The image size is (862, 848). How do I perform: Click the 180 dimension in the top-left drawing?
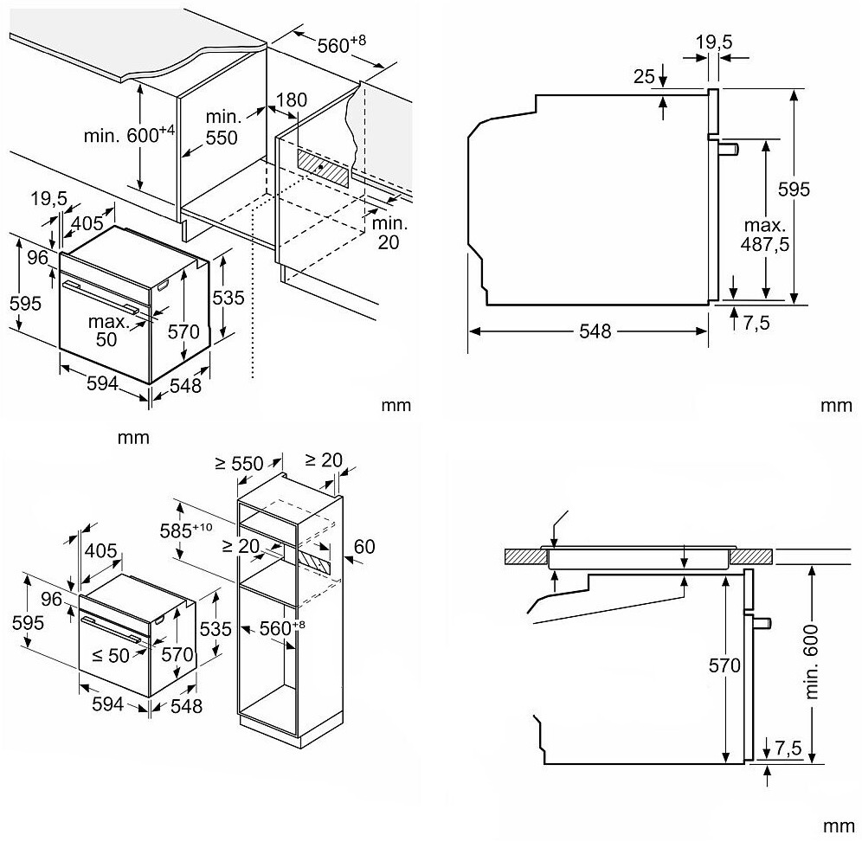[293, 100]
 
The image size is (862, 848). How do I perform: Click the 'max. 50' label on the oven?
[106, 331]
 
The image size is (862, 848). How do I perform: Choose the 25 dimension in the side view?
[643, 77]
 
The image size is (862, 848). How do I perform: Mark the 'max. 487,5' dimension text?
[764, 234]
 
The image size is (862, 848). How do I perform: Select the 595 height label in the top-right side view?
[818, 189]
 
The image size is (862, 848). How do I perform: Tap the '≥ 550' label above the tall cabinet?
[238, 463]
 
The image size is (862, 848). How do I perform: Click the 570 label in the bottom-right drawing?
[724, 665]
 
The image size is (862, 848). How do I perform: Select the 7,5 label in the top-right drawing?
[753, 323]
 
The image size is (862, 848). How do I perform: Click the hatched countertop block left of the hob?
[523, 556]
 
